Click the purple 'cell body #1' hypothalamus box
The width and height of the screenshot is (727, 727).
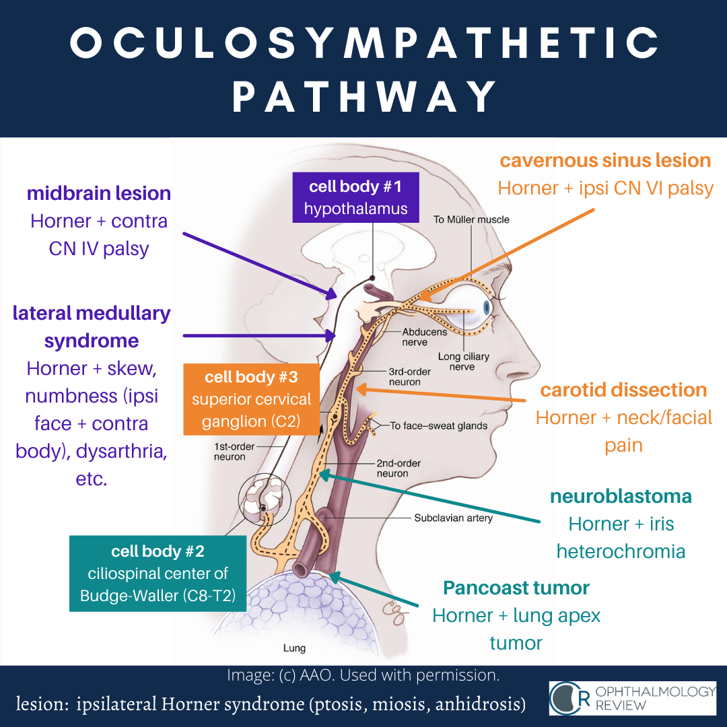(355, 197)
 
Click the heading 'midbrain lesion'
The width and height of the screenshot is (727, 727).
(99, 194)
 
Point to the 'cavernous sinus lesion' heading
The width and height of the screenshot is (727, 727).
(605, 161)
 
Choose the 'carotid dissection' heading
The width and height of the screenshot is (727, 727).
(623, 390)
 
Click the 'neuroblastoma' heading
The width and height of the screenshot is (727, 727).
(621, 497)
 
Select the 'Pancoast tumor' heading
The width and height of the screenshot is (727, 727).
(516, 588)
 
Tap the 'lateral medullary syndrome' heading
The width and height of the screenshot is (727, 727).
(92, 326)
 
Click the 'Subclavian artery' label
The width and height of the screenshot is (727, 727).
(453, 518)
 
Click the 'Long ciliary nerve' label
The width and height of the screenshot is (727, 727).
(463, 361)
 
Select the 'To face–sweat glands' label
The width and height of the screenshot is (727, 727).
(439, 425)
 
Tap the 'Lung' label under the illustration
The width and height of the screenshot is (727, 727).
(294, 649)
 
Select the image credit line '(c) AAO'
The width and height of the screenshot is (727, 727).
(363, 674)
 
